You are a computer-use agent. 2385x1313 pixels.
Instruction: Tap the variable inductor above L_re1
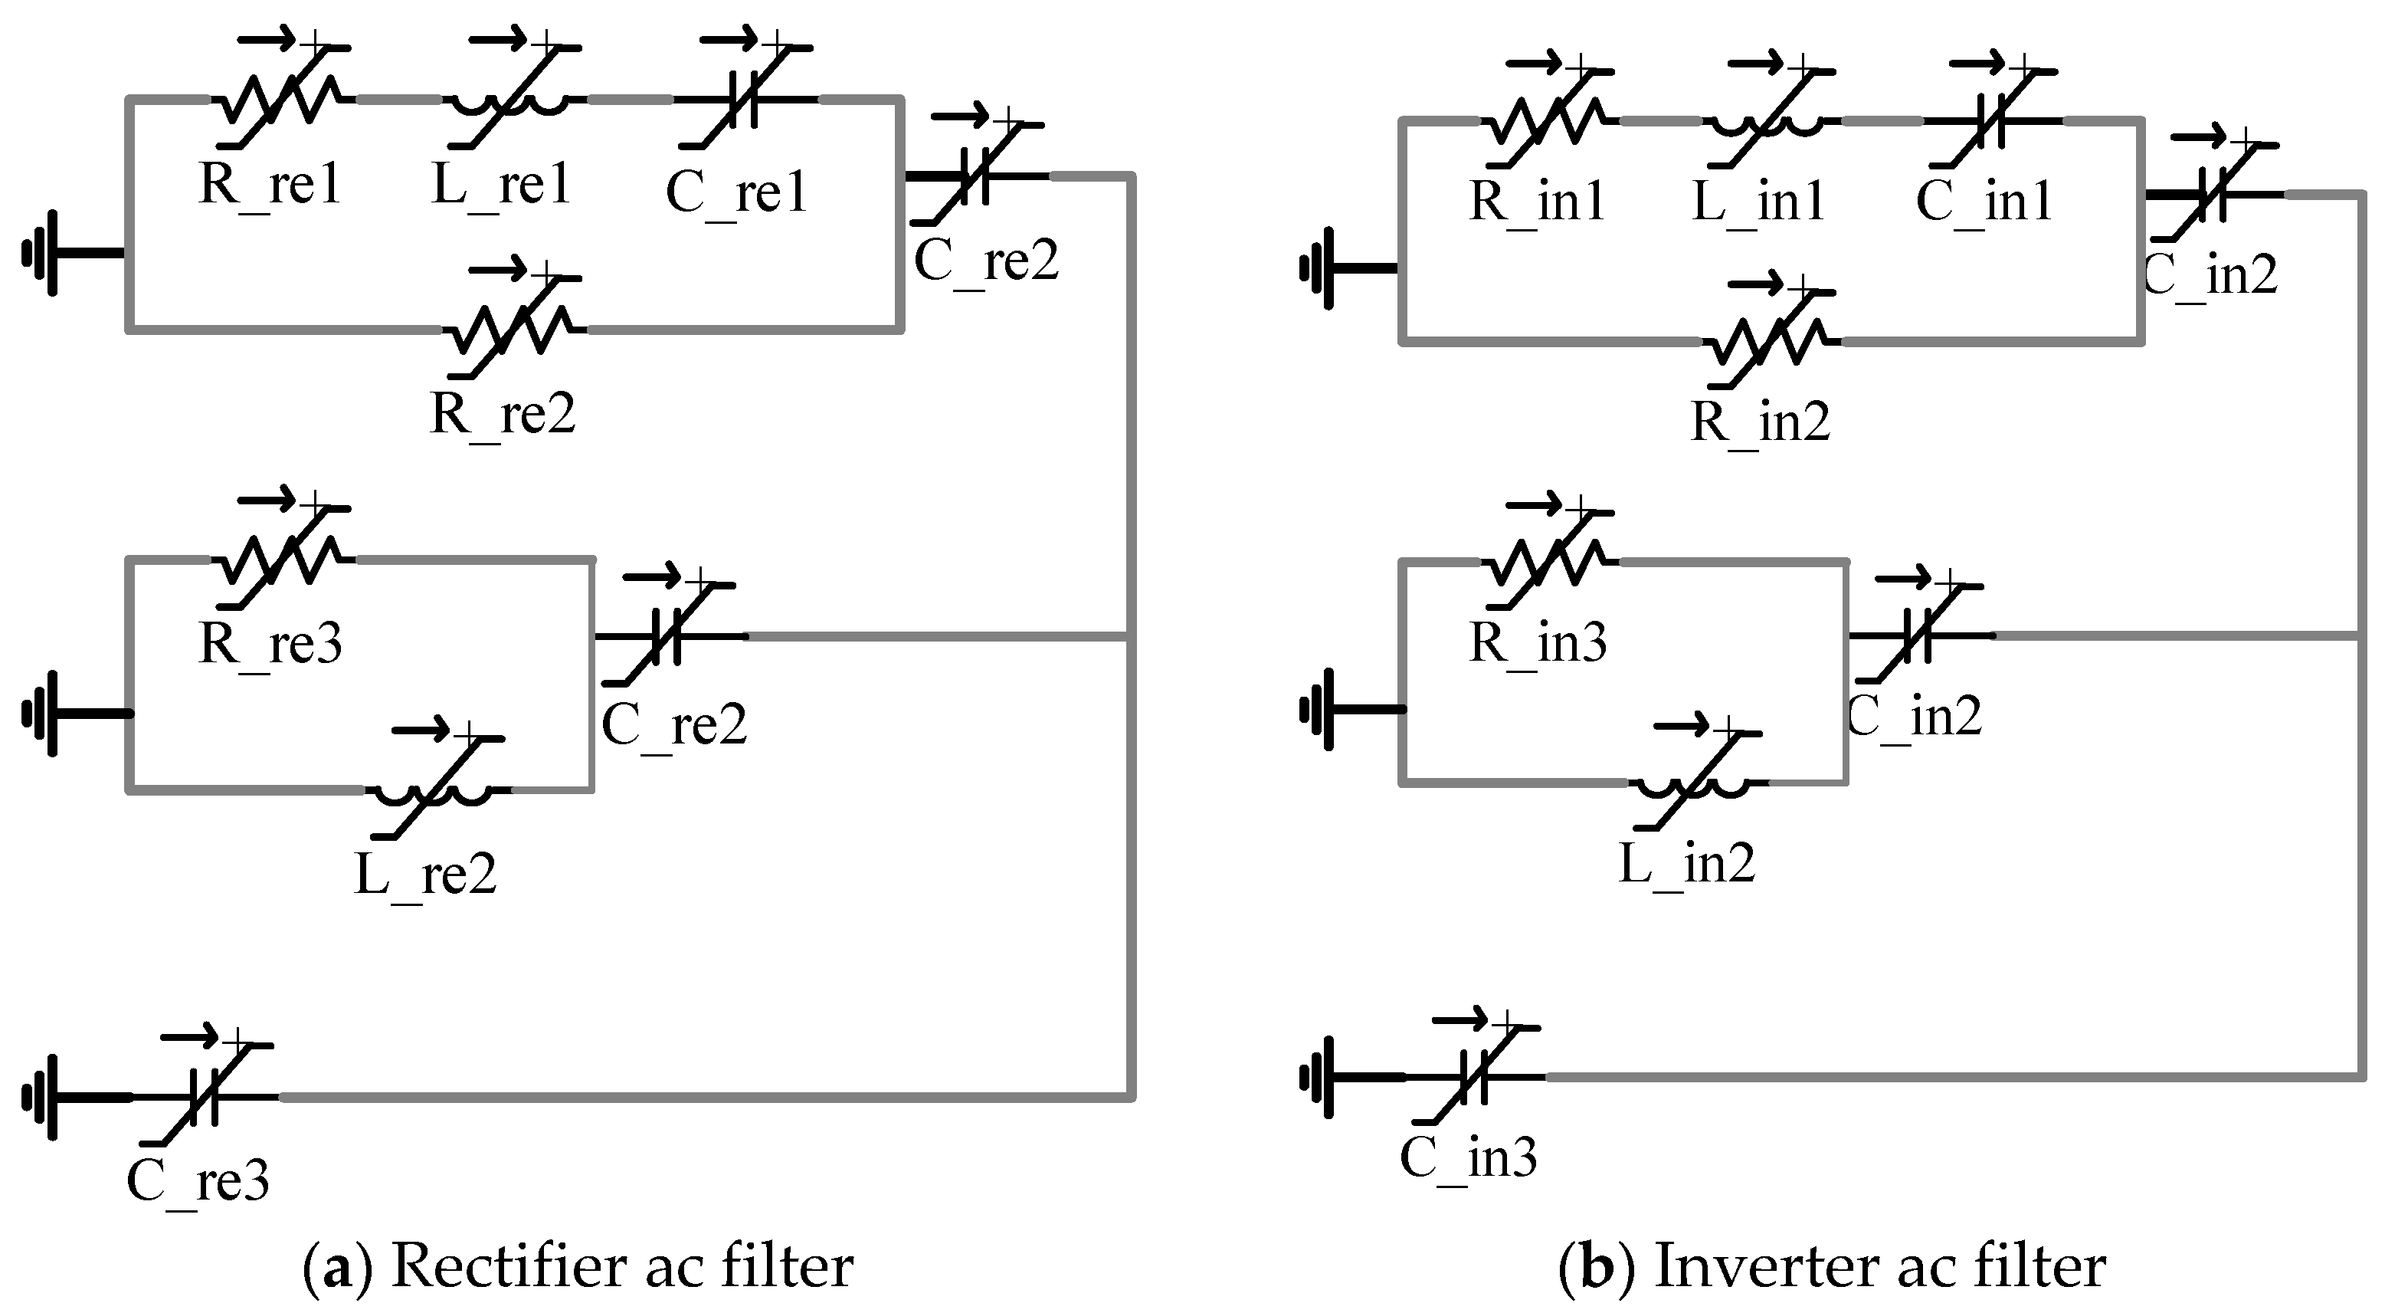[x=510, y=100]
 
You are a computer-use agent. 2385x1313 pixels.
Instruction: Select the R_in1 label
[x=1537, y=202]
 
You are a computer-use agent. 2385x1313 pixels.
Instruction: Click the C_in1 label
[x=1984, y=202]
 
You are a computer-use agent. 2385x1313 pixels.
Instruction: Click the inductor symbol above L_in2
[x=1695, y=783]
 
